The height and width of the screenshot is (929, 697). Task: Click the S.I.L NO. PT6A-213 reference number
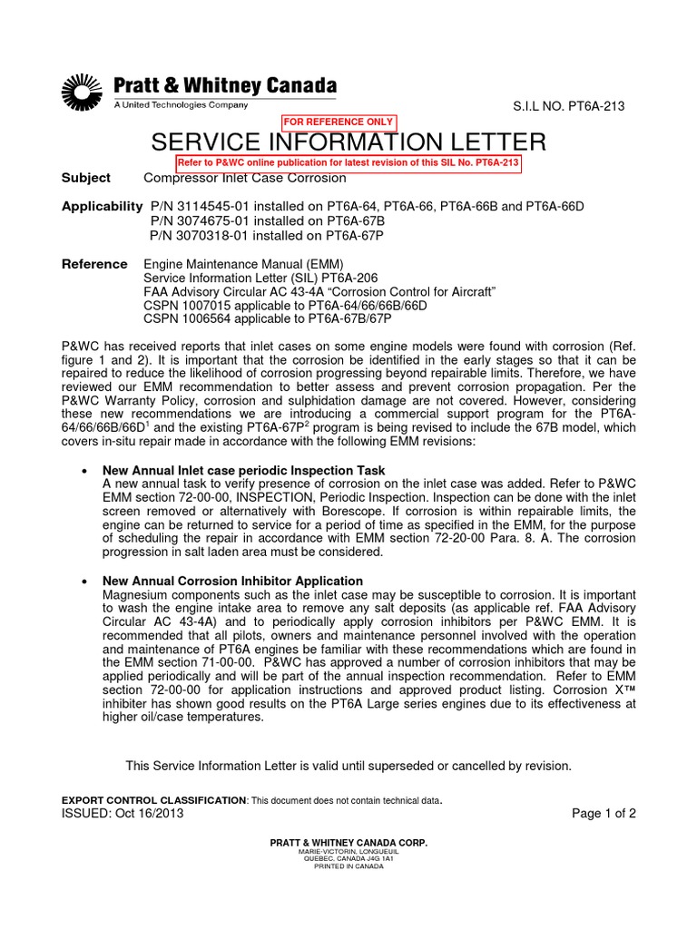tap(569, 107)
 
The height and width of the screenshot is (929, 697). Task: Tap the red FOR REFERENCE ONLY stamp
tap(339, 122)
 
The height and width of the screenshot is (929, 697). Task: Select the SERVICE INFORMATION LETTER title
tap(348, 142)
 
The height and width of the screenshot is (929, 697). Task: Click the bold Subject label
tap(85, 178)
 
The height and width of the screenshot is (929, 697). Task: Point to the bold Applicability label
tap(102, 206)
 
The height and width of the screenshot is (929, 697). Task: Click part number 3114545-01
tap(201, 206)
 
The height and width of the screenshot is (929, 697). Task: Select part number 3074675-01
tap(201, 220)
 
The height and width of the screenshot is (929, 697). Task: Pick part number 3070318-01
tap(201, 235)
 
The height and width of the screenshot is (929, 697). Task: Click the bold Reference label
tap(94, 264)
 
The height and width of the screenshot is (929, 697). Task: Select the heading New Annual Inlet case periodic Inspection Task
tap(244, 470)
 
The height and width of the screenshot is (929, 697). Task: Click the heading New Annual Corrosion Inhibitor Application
tap(233, 581)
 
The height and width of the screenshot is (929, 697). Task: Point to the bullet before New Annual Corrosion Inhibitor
tap(83, 581)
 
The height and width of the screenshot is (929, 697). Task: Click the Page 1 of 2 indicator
tap(604, 813)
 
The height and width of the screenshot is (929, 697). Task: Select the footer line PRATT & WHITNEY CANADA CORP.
tap(348, 843)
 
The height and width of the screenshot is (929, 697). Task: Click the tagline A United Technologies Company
tap(180, 105)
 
